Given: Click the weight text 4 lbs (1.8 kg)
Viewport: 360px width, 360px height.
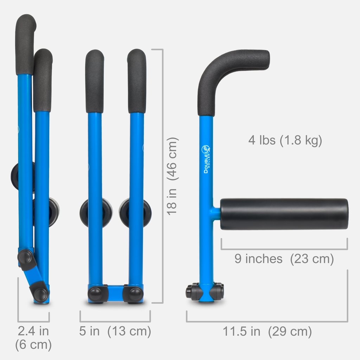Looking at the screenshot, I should point(285,141).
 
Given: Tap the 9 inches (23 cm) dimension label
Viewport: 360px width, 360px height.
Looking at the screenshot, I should point(284,259).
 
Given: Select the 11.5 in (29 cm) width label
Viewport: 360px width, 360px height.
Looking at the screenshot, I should point(267,332).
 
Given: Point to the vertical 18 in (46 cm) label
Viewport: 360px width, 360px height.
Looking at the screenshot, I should point(173,176).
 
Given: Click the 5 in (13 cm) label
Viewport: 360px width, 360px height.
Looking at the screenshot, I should point(115,331).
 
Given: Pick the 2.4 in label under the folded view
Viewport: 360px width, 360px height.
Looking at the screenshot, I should point(33,331).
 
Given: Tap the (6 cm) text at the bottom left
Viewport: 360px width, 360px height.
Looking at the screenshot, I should point(33,345).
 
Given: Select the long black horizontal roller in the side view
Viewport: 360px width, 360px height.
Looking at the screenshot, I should point(284,214).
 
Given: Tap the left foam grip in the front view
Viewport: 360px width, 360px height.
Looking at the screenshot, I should point(95,81).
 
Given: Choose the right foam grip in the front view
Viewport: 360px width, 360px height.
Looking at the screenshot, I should point(137,81).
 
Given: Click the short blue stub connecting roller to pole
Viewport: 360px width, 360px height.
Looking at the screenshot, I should point(216,212).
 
